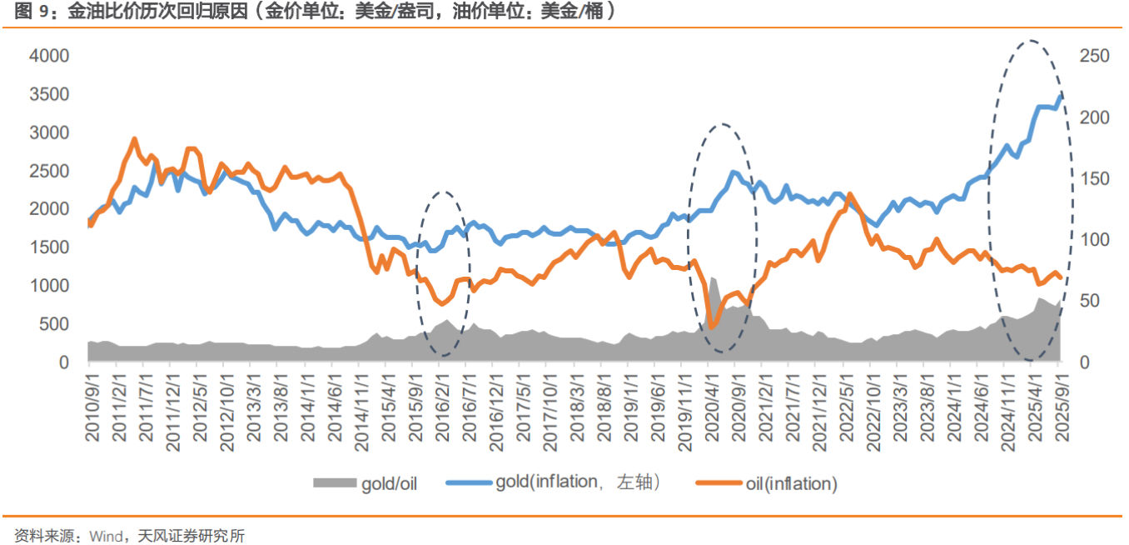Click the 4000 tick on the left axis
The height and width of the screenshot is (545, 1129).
pos(52,56)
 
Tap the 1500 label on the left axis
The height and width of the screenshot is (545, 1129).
pos(52,247)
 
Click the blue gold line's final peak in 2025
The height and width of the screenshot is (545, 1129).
pos(1060,96)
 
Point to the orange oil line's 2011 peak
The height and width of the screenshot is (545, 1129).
pos(135,139)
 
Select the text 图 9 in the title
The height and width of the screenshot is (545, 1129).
pos(31,12)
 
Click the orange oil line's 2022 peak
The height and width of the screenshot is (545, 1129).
pos(848,194)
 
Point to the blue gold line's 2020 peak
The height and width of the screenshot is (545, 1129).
pos(734,172)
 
